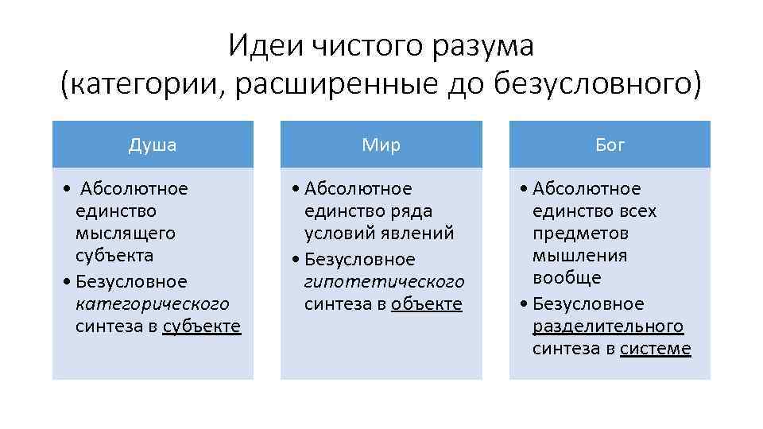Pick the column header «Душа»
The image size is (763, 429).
click(x=153, y=145)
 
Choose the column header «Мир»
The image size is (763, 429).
click(x=381, y=145)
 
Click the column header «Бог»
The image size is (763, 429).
click(x=610, y=145)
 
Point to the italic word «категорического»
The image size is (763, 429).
click(x=152, y=304)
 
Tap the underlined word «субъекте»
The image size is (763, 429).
click(x=201, y=327)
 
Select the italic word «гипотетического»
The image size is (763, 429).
click(x=384, y=282)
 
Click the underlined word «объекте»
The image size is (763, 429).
click(x=426, y=304)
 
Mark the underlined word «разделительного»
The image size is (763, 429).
click(x=608, y=327)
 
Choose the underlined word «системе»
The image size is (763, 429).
click(x=655, y=349)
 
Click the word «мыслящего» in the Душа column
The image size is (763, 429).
click(x=114, y=234)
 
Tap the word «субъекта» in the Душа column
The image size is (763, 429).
click(x=114, y=256)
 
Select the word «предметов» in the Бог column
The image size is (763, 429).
click(x=580, y=234)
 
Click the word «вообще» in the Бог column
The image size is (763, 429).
click(x=567, y=278)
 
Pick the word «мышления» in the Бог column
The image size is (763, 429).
click(x=579, y=256)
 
